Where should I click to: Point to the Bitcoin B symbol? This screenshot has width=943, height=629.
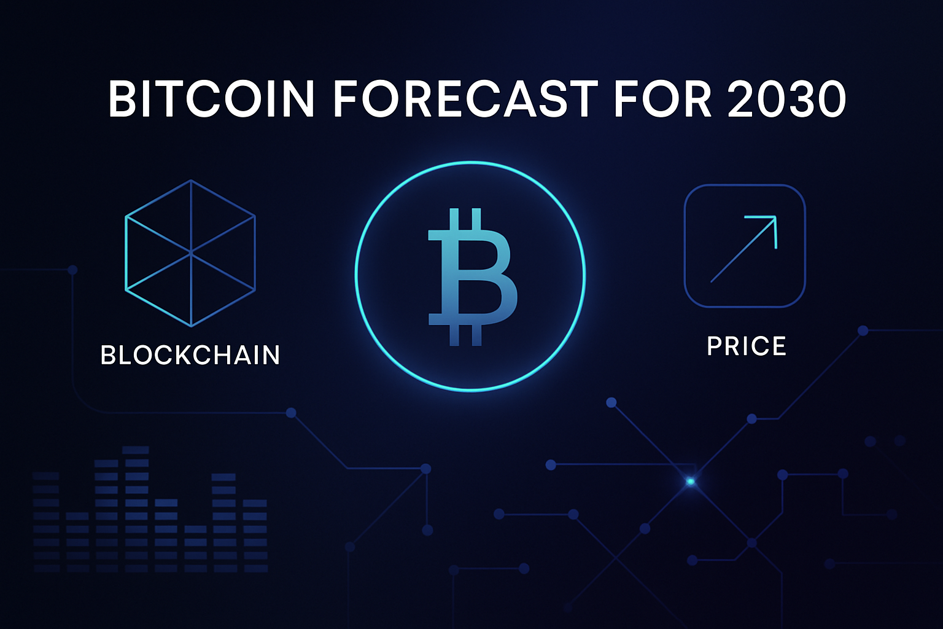click(471, 276)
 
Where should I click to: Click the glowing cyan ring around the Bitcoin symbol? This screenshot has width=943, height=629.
click(357, 276)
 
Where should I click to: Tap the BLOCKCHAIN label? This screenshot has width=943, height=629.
click(190, 355)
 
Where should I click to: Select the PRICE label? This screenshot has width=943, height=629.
click(747, 346)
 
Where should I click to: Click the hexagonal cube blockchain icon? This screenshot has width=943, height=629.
click(190, 253)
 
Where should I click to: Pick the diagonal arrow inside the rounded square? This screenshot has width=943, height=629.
click(743, 249)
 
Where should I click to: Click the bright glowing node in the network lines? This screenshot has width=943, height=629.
click(691, 482)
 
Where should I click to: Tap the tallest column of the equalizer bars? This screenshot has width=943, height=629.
click(136, 510)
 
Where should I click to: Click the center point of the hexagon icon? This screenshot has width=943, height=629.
click(191, 252)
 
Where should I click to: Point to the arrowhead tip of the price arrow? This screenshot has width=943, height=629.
click(776, 217)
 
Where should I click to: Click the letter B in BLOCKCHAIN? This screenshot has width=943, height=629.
click(109, 355)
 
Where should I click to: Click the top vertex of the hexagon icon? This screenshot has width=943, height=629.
click(191, 180)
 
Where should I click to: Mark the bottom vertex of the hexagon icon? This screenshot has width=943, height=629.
click(191, 326)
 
